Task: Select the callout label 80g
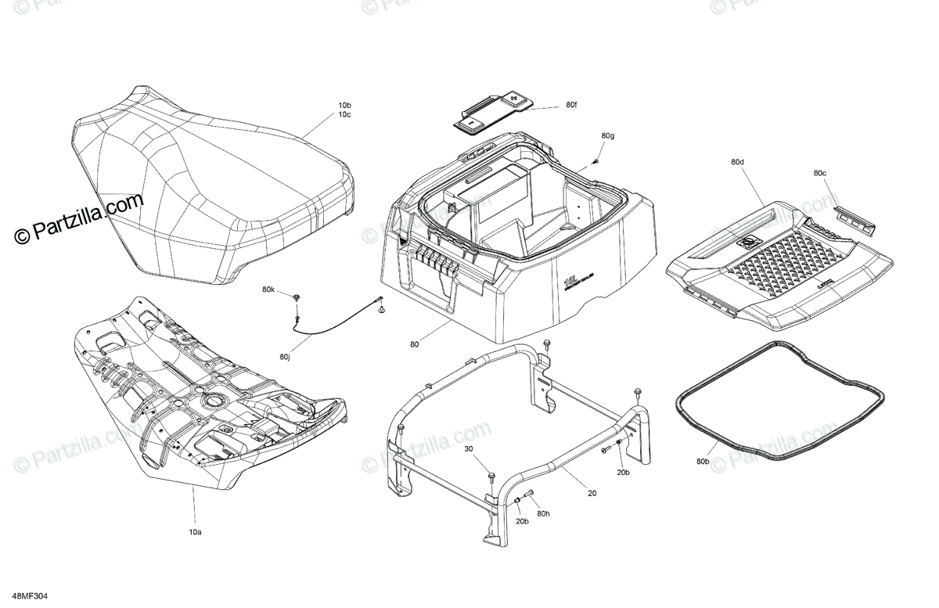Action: click(608, 136)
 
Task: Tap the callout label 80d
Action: click(737, 163)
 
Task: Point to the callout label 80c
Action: click(819, 173)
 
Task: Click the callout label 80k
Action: click(268, 290)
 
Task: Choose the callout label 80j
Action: click(284, 358)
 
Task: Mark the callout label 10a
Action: click(194, 532)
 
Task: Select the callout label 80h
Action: click(544, 513)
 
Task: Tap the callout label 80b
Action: click(703, 462)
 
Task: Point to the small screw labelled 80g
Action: click(595, 161)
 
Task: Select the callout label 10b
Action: click(344, 105)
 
